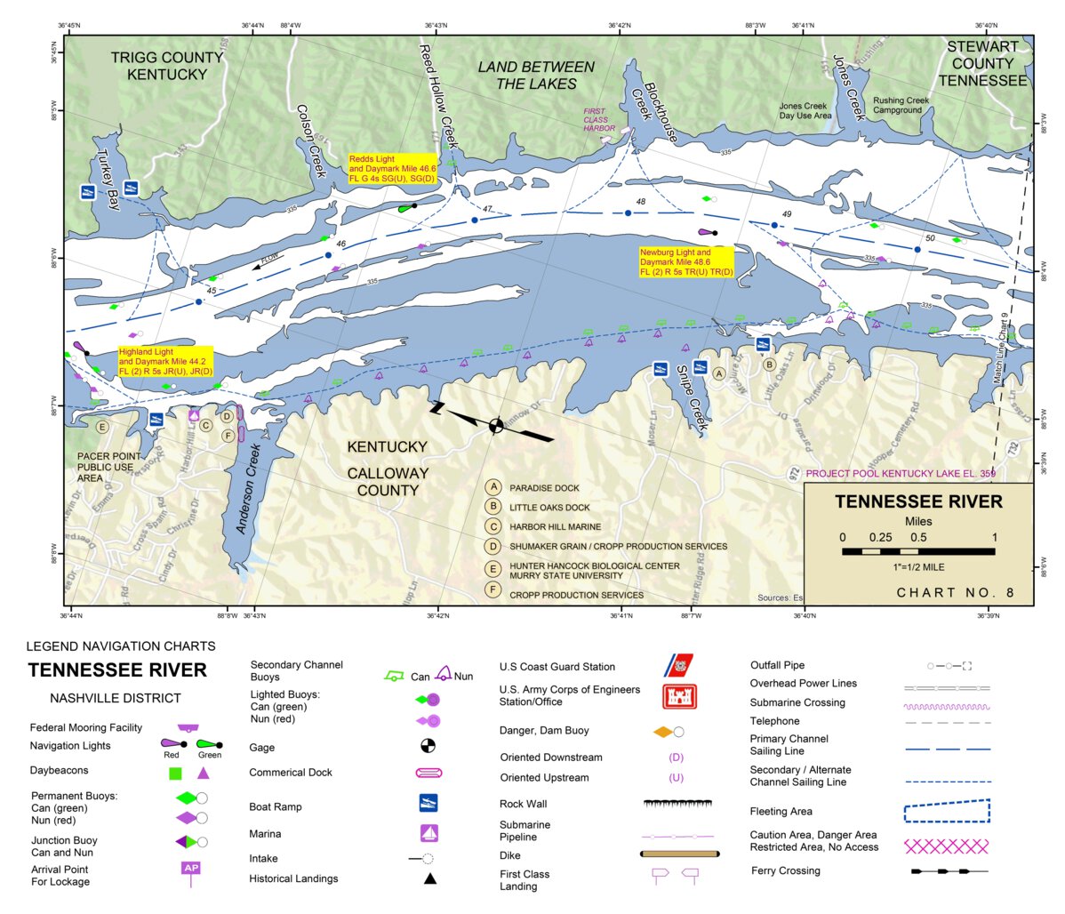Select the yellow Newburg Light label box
685,262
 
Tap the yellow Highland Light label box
165,361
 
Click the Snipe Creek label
692,397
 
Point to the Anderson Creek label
248,488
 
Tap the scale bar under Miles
918,551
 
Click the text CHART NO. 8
955,593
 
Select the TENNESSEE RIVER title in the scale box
918,501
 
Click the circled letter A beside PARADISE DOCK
493,487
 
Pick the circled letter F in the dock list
493,590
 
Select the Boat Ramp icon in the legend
428,802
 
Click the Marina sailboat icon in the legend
429,833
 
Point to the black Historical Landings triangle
429,878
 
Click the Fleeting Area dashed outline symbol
947,811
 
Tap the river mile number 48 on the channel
641,202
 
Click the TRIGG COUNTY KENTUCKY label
166,66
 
